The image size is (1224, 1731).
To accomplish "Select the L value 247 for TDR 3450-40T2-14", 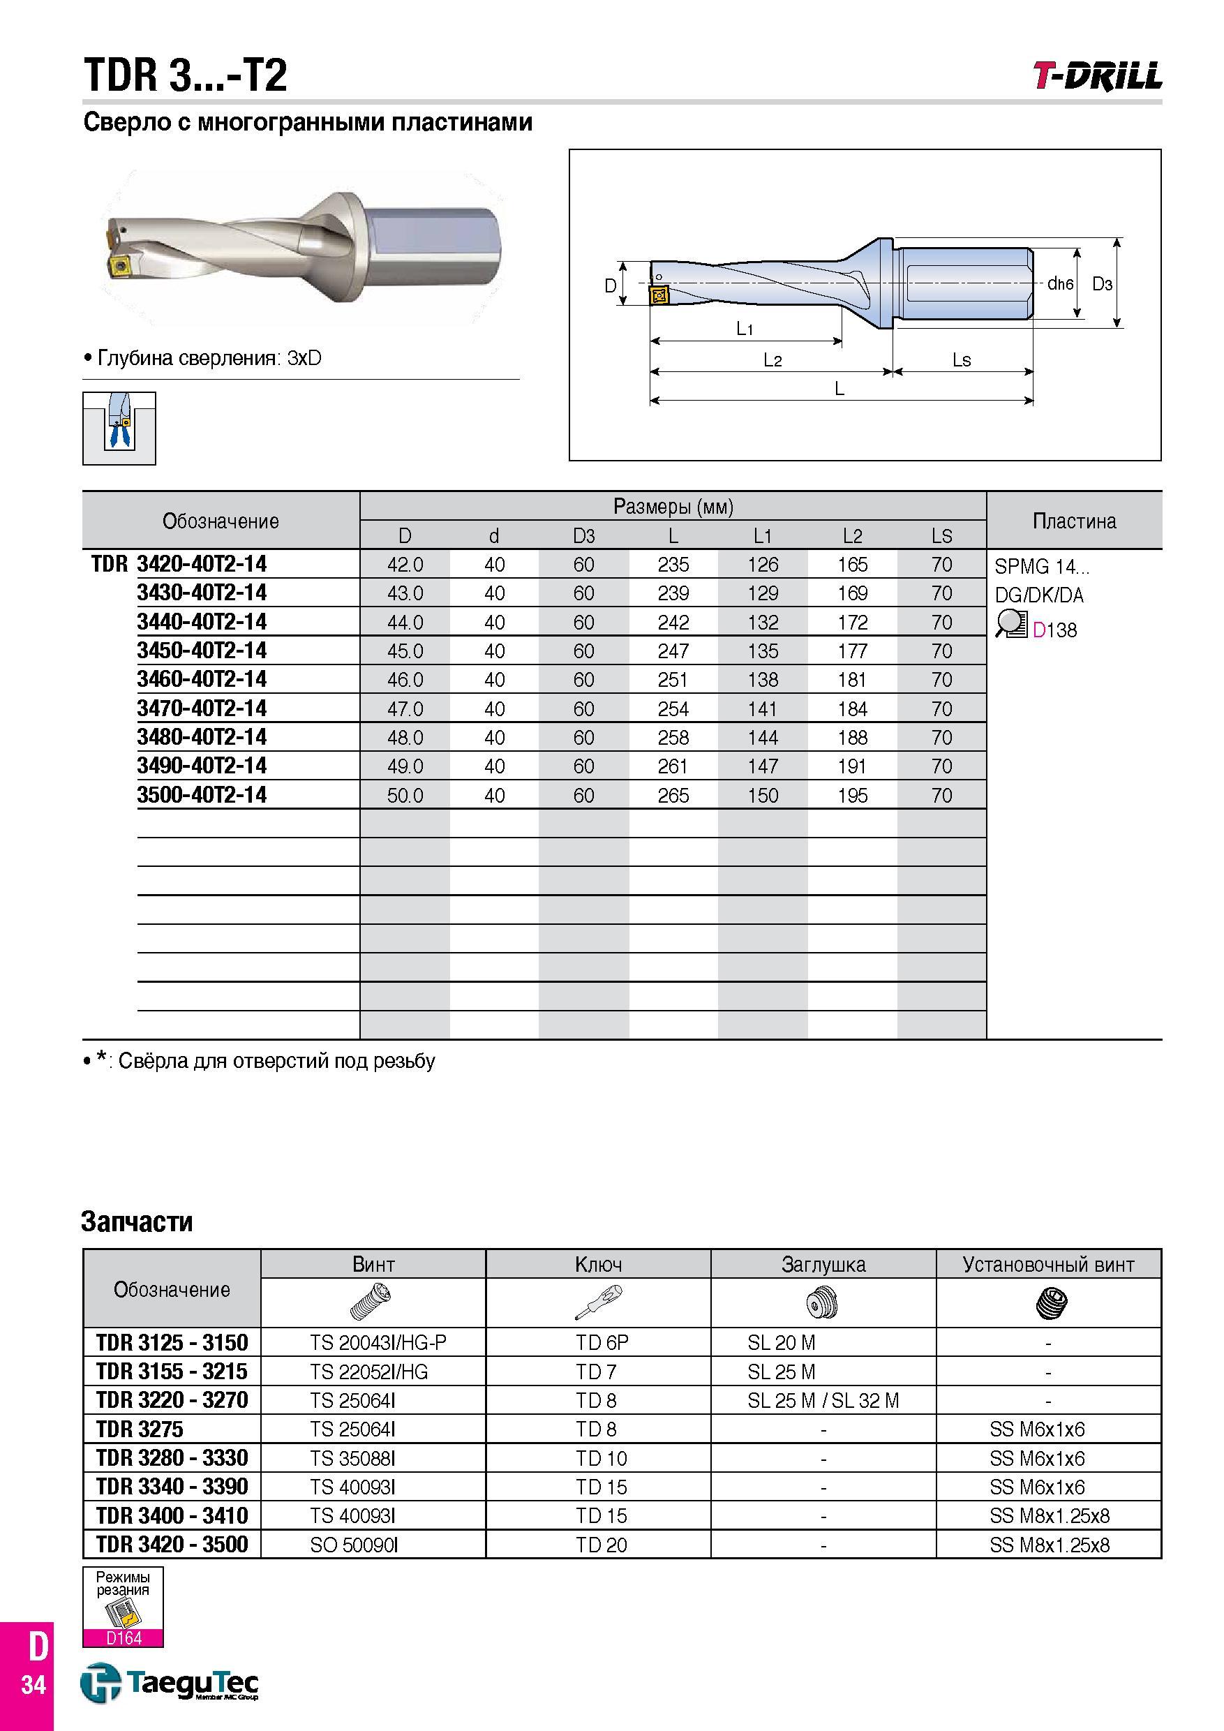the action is pyautogui.click(x=673, y=651).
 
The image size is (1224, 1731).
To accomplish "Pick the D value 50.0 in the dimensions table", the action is pyautogui.click(x=405, y=796).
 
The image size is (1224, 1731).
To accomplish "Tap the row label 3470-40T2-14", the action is pyautogui.click(x=201, y=708).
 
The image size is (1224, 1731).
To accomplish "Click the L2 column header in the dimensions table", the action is pyautogui.click(x=853, y=536).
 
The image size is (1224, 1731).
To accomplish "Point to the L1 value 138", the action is pyautogui.click(x=763, y=679).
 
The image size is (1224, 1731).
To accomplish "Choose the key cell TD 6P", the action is pyautogui.click(x=602, y=1343).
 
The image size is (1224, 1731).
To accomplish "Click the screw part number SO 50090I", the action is pyautogui.click(x=354, y=1545).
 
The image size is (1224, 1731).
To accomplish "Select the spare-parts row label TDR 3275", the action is pyautogui.click(x=140, y=1429).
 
